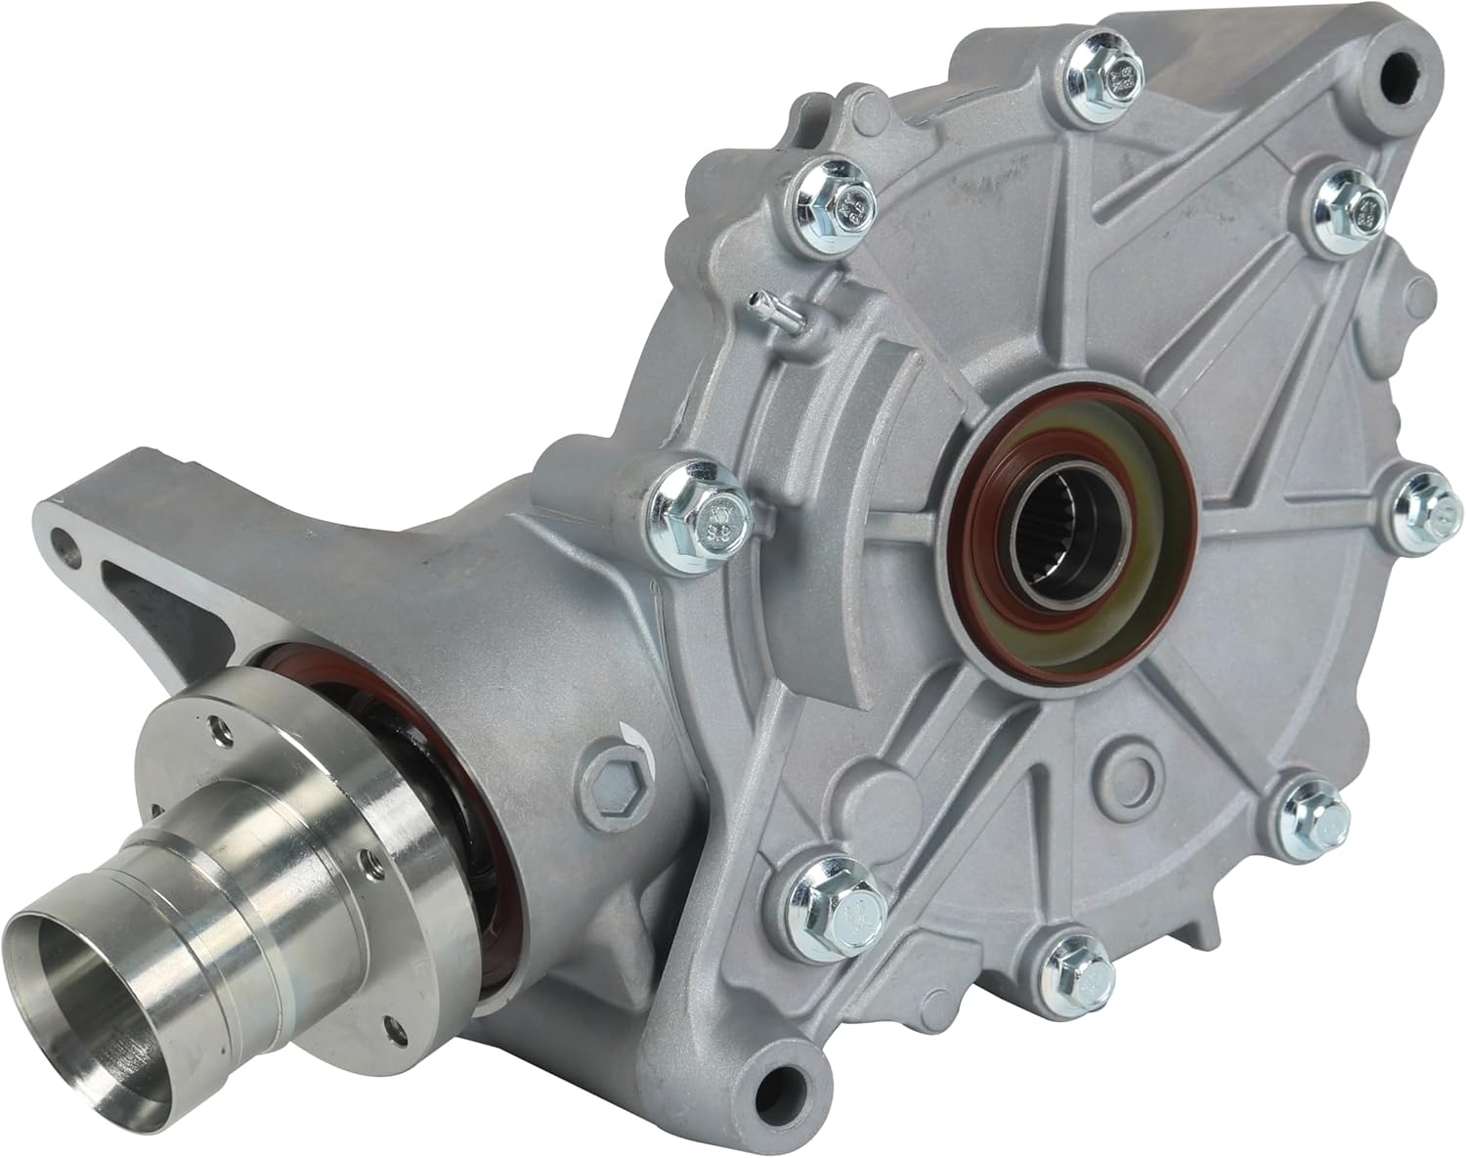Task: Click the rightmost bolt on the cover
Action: click(x=1418, y=499)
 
